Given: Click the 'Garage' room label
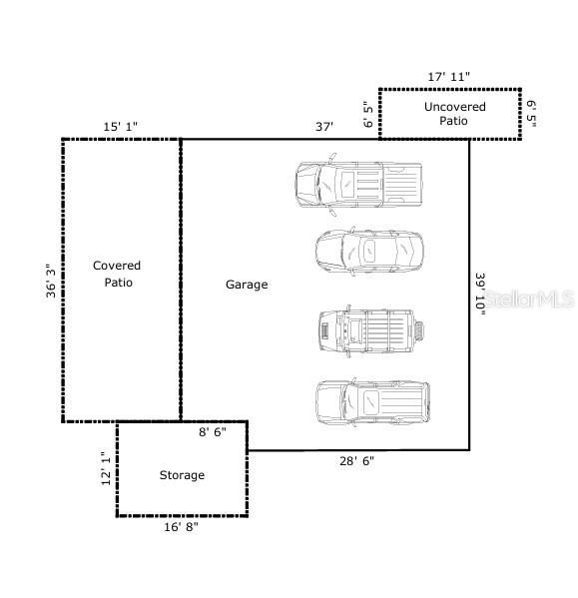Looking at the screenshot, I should [246, 285].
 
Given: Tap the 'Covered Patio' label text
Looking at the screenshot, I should [117, 274].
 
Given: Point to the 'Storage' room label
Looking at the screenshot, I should [182, 475].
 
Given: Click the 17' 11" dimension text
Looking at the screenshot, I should [448, 76].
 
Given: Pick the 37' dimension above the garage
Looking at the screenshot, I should [323, 126].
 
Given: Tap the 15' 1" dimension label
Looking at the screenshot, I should [121, 126].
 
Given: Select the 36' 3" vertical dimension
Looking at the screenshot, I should [50, 281].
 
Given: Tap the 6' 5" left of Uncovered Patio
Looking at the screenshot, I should [368, 114].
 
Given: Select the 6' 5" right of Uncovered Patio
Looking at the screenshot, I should [532, 113].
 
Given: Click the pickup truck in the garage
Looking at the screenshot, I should [357, 184].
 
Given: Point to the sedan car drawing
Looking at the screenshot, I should [368, 251].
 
